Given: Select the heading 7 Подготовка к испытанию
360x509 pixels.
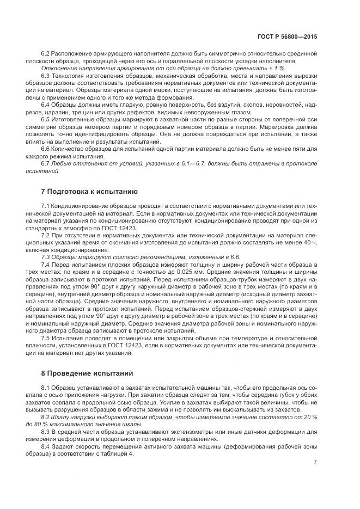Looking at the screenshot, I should click(x=86, y=192).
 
